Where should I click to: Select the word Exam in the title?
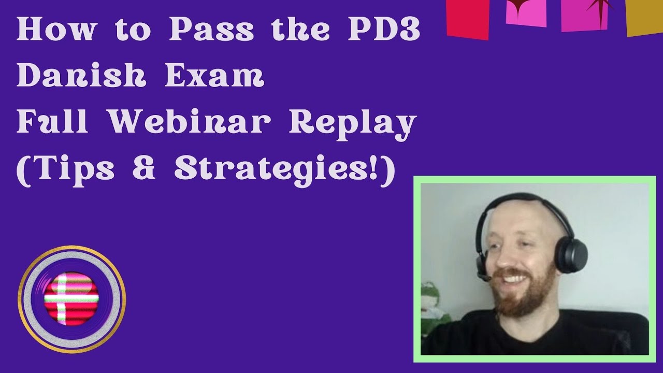[x=214, y=77]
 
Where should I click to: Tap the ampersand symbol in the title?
[x=144, y=168]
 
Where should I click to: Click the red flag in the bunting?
[x=468, y=19]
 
